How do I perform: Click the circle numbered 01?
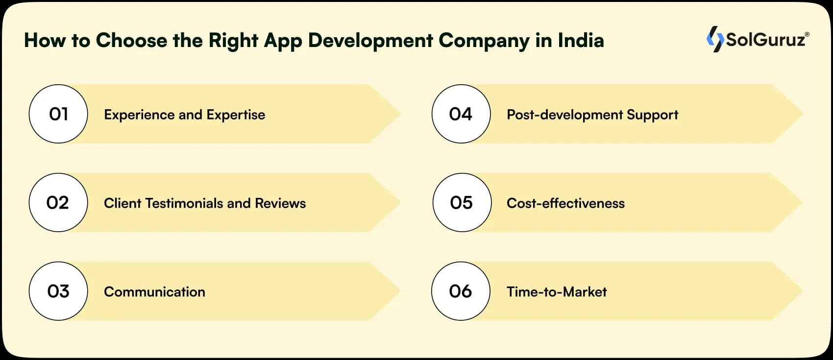pyautogui.click(x=58, y=114)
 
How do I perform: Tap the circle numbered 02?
pyautogui.click(x=58, y=202)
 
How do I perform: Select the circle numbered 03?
pyautogui.click(x=58, y=291)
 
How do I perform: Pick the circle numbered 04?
pyautogui.click(x=461, y=114)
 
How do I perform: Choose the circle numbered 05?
pyautogui.click(x=462, y=202)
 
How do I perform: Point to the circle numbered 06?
pyautogui.click(x=461, y=291)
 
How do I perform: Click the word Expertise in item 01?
pyautogui.click(x=236, y=115)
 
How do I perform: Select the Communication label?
pyautogui.click(x=154, y=292)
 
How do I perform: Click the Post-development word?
pyautogui.click(x=565, y=115)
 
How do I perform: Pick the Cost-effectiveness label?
pyautogui.click(x=565, y=203)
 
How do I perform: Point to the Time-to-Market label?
pyautogui.click(x=557, y=292)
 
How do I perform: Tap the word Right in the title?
pyautogui.click(x=233, y=41)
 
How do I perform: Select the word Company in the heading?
pyautogui.click(x=484, y=41)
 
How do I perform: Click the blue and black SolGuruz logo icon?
pyautogui.click(x=715, y=39)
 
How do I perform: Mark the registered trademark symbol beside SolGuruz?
pyautogui.click(x=807, y=34)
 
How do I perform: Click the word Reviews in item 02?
pyautogui.click(x=280, y=203)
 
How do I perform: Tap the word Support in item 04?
pyautogui.click(x=653, y=115)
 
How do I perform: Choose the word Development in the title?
pyautogui.click(x=370, y=41)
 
